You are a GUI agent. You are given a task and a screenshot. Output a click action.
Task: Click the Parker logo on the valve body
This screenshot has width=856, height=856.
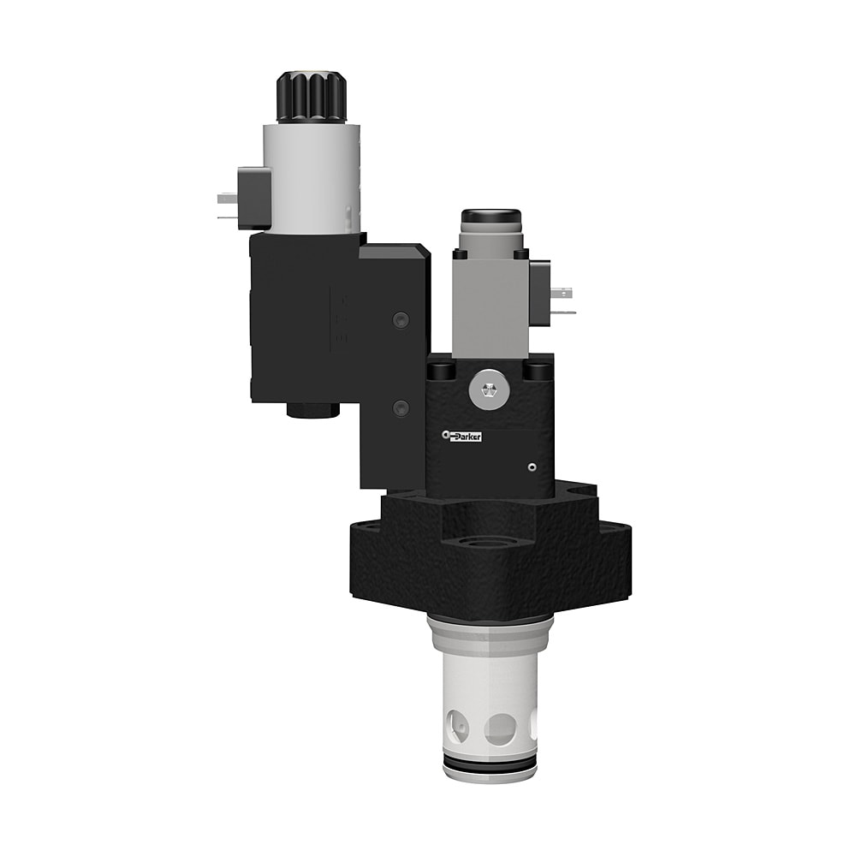463,437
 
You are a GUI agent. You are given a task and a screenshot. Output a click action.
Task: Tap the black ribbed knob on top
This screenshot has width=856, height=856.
310,98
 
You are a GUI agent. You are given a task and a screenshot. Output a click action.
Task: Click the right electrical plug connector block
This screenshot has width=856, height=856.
542,293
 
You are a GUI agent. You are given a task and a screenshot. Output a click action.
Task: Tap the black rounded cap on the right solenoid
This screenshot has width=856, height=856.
491,218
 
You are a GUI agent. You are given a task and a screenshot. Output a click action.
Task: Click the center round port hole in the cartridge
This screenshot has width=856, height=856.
500,729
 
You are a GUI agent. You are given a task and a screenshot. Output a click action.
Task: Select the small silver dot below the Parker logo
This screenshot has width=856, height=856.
532,467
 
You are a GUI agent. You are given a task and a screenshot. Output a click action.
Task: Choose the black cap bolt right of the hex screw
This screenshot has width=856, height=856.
538,371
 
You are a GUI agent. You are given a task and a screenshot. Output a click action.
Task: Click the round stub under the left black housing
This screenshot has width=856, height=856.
312,411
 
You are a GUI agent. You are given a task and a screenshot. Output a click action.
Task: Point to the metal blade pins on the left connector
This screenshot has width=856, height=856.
227,205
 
